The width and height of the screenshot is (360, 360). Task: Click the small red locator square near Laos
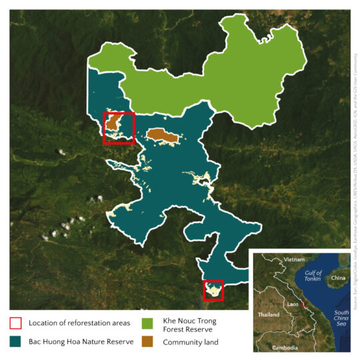coord(305,304)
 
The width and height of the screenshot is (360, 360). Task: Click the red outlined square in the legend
coord(16,323)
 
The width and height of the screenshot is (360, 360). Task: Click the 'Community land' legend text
coord(191,342)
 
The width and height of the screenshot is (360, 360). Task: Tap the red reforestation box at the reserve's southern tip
coord(213,291)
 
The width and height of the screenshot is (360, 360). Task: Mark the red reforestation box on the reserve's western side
coord(119,128)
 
